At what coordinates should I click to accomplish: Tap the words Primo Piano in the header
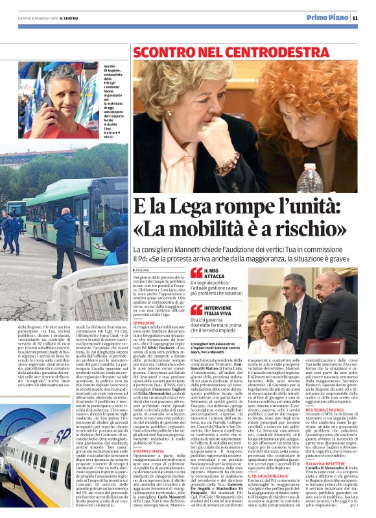tap(327, 18)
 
